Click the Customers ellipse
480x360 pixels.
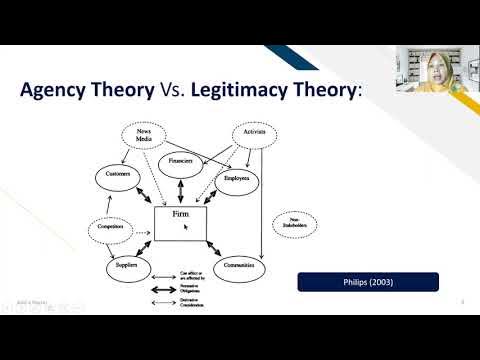point(119,176)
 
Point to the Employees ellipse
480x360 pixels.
point(237,179)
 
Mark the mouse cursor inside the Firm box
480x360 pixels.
point(186,228)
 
